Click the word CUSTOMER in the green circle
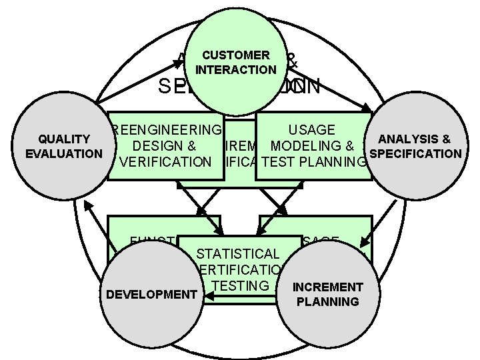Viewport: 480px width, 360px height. [x=236, y=55]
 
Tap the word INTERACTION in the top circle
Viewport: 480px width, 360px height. [x=236, y=69]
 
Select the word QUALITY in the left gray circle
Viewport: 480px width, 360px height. [x=64, y=139]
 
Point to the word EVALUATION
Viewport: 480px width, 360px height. [x=63, y=154]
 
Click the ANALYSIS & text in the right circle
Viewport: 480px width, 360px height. [x=414, y=139]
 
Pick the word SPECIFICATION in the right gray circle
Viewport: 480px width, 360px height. [x=415, y=154]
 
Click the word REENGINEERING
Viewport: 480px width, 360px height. [x=167, y=129]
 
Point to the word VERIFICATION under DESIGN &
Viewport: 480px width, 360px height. [x=164, y=161]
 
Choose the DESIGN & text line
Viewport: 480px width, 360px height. [x=163, y=145]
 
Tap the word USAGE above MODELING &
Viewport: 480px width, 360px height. [x=312, y=129]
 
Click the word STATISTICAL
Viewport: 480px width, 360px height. [x=238, y=253]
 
